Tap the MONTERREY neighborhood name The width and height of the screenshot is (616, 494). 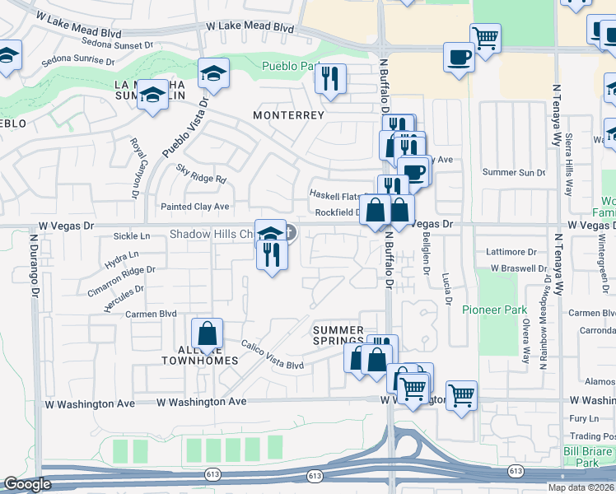288,115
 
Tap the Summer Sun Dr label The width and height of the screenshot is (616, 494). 514,173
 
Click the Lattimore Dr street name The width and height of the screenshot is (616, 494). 511,252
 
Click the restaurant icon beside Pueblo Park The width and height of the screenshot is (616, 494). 329,79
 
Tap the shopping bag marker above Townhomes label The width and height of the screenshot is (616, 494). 207,334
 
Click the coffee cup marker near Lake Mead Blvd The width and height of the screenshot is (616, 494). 459,58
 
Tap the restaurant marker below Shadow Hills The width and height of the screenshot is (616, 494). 272,255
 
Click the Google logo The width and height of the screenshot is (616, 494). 27,485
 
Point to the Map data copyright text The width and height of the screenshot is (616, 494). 581,487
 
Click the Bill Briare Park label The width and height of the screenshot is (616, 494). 588,458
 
